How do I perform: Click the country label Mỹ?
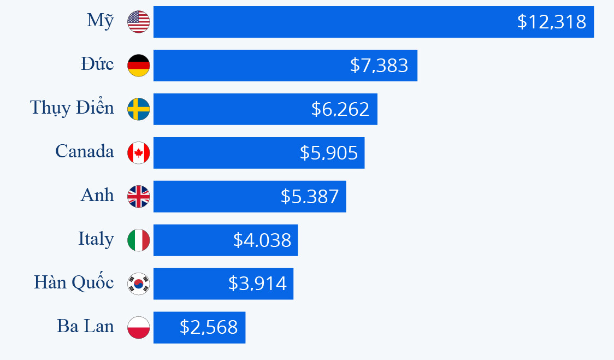(101, 21)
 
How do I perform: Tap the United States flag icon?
(138, 22)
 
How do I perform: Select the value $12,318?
(551, 22)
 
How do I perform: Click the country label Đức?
(97, 64)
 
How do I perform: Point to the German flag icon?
(138, 66)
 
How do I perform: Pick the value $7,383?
(379, 66)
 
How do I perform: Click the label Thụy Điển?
(72, 108)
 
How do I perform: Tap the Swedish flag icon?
(138, 109)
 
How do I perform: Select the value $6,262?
(340, 109)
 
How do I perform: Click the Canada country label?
(85, 151)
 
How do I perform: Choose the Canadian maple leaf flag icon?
(138, 153)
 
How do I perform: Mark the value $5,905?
(328, 153)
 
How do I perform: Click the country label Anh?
(97, 195)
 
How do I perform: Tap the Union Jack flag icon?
(138, 197)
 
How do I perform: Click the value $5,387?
(309, 197)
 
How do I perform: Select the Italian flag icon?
(138, 240)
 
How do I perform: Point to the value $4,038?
(262, 240)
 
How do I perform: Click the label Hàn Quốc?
(74, 282)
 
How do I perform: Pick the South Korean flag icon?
(138, 284)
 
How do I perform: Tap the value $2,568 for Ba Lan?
(208, 327)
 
